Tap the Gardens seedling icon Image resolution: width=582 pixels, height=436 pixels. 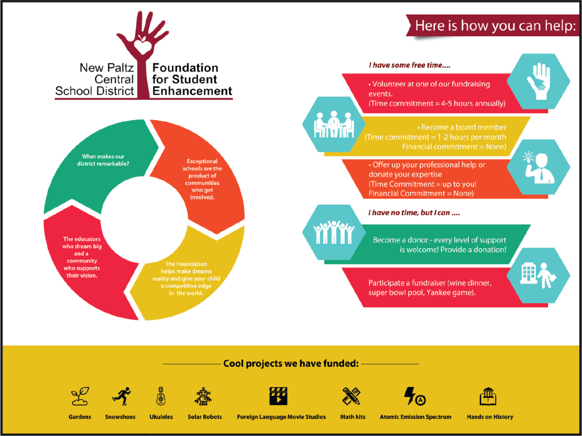click(79, 396)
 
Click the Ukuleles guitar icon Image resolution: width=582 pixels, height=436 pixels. click(160, 396)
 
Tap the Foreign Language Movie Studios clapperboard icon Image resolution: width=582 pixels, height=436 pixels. click(278, 396)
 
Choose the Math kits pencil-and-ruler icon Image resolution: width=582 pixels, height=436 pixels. click(352, 396)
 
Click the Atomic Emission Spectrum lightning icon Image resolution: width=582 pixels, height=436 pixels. click(415, 396)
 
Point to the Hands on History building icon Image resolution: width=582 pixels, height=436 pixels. click(489, 396)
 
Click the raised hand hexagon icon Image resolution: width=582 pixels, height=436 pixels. click(538, 82)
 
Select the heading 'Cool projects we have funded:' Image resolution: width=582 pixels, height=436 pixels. click(290, 364)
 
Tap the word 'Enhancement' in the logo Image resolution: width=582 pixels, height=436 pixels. click(192, 91)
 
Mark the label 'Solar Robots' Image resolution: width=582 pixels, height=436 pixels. click(205, 417)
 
